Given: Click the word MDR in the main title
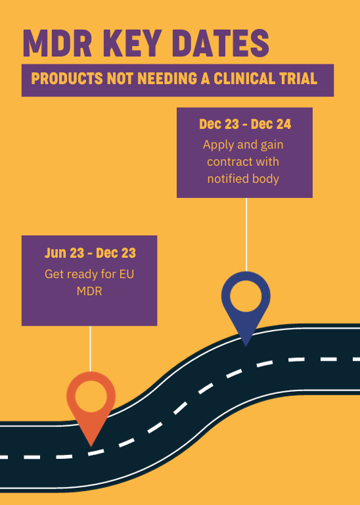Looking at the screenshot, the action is point(58,43).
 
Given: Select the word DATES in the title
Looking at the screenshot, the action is point(221,43).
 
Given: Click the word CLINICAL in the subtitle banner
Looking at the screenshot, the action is point(245,79).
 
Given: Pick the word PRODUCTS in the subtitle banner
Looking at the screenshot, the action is point(67,79).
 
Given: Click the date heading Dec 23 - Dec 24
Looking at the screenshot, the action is point(245,124).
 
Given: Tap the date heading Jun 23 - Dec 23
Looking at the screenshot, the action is point(90,253).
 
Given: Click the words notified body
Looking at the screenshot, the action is point(243,178).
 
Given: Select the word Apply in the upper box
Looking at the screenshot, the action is point(219,145).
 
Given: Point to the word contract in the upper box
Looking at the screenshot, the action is point(228,161).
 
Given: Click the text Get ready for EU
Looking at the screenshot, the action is point(89,274).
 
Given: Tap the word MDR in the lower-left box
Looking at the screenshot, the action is point(89,291).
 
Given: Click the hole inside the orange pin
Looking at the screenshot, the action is point(91,396).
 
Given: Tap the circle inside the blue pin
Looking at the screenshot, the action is point(246,296).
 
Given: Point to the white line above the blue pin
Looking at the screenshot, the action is point(246,235).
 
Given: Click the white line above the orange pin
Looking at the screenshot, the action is point(90,349).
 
